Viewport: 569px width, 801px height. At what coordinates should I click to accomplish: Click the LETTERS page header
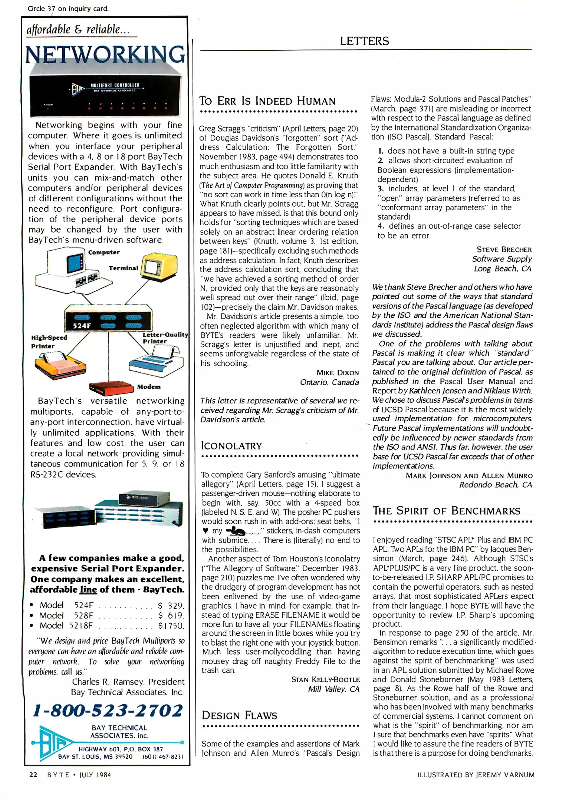pos(364,41)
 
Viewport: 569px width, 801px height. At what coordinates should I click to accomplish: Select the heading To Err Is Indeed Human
pos(267,101)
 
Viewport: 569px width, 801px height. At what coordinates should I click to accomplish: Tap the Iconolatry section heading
pos(231,446)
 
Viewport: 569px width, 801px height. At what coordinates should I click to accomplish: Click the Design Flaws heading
pos(239,715)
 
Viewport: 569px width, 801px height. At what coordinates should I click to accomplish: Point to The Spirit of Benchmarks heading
pos(446,511)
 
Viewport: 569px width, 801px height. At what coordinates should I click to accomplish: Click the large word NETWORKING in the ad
pos(105,55)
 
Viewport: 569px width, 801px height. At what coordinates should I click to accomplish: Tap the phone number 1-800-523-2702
pos(108,710)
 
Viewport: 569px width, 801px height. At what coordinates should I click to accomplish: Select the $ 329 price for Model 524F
pos(170,606)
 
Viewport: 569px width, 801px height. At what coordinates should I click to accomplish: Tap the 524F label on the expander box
pos(82,326)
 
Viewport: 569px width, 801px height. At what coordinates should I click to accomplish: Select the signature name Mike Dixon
pos(338,373)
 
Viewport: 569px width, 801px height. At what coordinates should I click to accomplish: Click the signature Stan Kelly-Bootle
pos(325,680)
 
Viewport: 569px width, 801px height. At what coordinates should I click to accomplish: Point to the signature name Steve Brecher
pos(504,250)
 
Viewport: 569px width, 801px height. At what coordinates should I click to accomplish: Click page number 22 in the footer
pos(33,775)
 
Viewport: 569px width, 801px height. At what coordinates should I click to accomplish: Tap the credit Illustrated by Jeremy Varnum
pos(476,775)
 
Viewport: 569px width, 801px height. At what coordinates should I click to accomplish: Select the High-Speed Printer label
pos(49,342)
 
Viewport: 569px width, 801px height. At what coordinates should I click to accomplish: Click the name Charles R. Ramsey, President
pos(128,682)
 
